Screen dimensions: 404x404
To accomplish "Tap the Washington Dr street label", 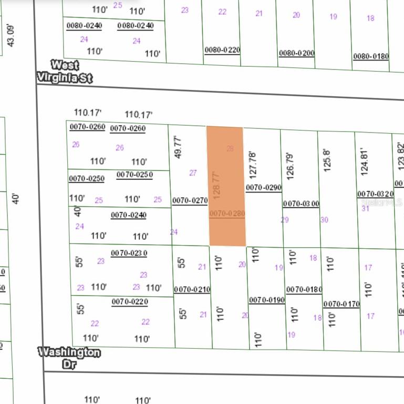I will point(69,357).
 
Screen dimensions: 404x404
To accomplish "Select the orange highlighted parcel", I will point(226,186).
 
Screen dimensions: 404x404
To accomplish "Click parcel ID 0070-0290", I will point(264,187).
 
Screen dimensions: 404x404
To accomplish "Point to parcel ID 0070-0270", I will point(190,200).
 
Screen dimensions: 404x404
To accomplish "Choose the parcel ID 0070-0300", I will point(301,204).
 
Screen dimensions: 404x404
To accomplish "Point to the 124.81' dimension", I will point(365,161).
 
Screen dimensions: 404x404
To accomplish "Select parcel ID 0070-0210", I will point(192,289).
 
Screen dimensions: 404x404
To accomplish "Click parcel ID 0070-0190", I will point(267,300).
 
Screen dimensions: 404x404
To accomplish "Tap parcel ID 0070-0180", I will point(304,289).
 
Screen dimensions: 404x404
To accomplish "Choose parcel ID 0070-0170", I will point(341,304).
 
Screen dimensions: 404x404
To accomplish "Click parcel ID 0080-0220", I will point(222,50).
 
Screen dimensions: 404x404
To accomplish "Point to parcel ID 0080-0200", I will point(296,53).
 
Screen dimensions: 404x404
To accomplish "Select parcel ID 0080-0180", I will point(371,56).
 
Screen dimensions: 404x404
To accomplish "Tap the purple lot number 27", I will point(193,173).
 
